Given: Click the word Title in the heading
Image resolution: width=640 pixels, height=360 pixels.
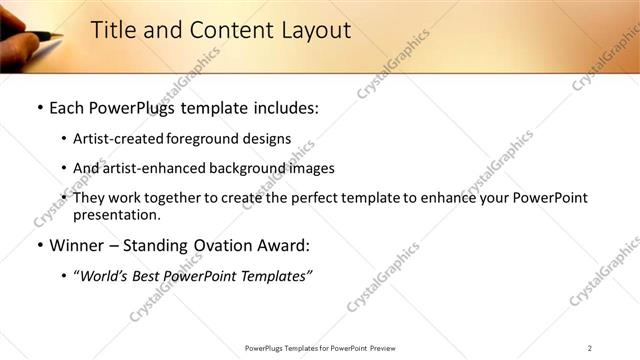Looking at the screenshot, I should tap(112, 31).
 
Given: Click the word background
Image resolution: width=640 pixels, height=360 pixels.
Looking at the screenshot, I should tap(264, 168).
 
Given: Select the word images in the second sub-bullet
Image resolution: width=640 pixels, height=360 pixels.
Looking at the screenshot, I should tap(315, 168).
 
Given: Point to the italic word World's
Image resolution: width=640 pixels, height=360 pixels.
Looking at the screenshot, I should tap(105, 276).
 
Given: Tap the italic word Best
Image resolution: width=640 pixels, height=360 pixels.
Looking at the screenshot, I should tap(152, 276).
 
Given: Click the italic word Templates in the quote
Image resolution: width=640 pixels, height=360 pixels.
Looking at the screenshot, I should tap(277, 276).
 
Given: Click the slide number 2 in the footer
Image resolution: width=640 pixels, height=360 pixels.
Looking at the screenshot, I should tap(589, 347).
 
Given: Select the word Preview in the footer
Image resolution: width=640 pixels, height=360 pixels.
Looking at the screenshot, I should tap(389, 347).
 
